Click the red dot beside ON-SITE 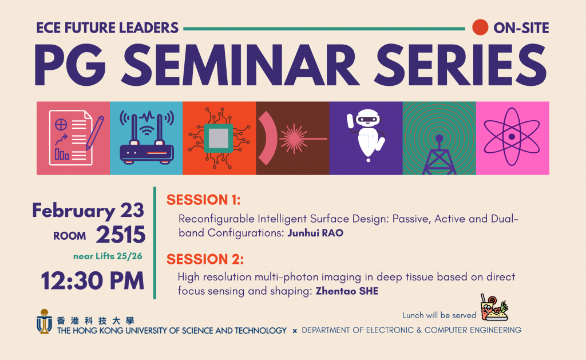(480, 27)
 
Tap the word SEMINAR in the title (240, 65)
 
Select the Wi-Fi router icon (146, 137)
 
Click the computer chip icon (219, 138)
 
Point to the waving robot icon (366, 135)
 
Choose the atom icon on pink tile (512, 137)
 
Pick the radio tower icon (439, 155)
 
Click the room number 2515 (120, 235)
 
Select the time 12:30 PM (92, 281)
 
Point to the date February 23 (88, 211)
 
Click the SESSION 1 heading (204, 200)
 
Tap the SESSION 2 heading (205, 259)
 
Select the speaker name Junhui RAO (315, 233)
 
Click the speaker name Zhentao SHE (347, 291)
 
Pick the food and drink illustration (494, 307)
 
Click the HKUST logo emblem (44, 321)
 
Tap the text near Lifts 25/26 (108, 256)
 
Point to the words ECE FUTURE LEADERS (107, 28)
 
